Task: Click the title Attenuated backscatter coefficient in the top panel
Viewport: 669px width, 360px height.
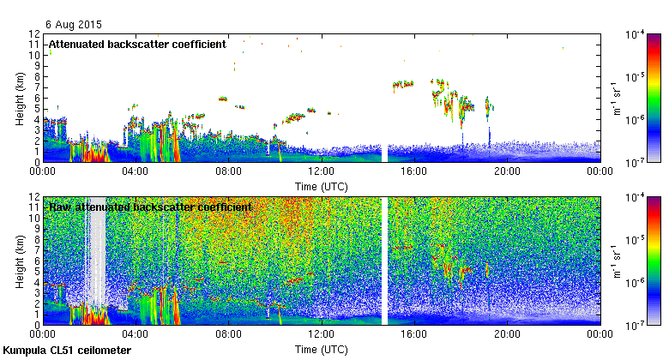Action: pyautogui.click(x=136, y=44)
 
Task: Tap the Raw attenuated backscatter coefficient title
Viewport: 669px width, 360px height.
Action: pyautogui.click(x=149, y=207)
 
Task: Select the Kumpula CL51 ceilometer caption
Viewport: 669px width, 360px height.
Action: pyautogui.click(x=68, y=351)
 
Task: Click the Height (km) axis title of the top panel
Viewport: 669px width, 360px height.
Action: pyautogui.click(x=20, y=97)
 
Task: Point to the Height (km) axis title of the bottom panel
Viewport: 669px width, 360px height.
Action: pyautogui.click(x=20, y=260)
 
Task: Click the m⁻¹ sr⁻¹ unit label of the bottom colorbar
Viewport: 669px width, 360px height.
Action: pyautogui.click(x=615, y=260)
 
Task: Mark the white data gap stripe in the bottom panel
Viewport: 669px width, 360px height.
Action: pyautogui.click(x=384, y=260)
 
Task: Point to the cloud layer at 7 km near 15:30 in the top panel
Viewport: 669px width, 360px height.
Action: pyautogui.click(x=402, y=85)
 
